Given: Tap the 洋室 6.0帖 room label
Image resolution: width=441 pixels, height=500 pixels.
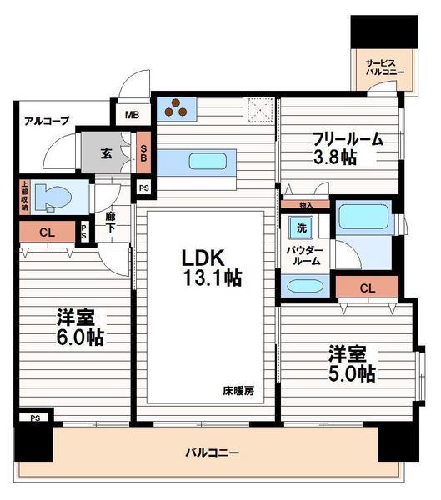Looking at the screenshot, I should (80, 327).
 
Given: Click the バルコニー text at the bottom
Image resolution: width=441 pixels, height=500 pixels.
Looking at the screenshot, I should (212, 453).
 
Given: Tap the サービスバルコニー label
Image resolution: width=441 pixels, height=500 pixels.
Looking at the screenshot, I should (386, 66).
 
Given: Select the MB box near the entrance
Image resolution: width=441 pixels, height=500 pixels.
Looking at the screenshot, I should (133, 116).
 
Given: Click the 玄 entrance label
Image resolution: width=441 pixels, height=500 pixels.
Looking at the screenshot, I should (107, 152).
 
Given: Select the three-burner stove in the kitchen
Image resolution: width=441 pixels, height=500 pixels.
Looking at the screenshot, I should (178, 107).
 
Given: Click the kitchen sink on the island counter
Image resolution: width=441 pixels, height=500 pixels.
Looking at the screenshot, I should (203, 161).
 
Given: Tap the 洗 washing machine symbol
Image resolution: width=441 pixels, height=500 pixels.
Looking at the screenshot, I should (298, 226).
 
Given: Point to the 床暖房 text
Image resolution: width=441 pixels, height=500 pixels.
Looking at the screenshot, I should (238, 390).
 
